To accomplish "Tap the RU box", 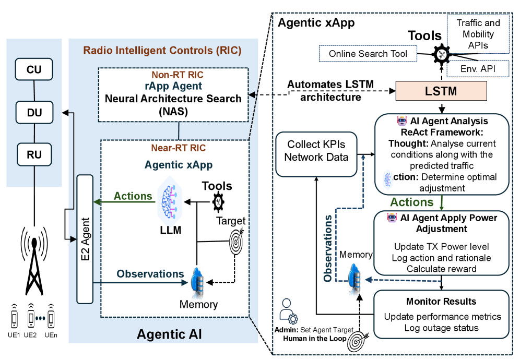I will tap(34, 154).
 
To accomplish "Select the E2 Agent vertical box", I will tap(84, 239).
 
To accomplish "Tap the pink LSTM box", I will tap(441, 91).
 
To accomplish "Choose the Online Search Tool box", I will tap(368, 54).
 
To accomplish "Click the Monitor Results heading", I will tap(441, 302).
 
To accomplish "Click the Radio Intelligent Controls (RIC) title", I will tap(162, 51).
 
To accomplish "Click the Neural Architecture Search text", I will tap(174, 98).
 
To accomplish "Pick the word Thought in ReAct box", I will tap(405, 143).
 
